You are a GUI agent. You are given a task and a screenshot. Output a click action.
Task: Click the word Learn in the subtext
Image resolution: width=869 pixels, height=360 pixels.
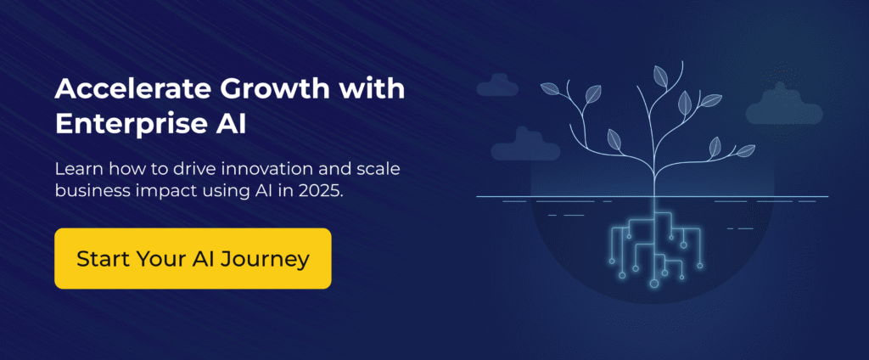pyautogui.click(x=76, y=168)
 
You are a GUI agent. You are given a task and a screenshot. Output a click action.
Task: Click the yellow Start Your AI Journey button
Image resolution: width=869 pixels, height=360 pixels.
pyautogui.click(x=192, y=258)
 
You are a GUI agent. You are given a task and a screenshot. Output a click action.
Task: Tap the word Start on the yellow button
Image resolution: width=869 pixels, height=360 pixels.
pyautogui.click(x=99, y=258)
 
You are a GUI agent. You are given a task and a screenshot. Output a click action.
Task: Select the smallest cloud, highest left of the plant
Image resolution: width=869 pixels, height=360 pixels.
pyautogui.click(x=498, y=85)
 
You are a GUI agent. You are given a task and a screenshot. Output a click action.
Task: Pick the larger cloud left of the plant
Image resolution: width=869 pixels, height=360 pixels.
pyautogui.click(x=525, y=146)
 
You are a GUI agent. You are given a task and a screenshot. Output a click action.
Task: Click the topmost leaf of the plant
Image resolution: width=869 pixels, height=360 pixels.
pyautogui.click(x=659, y=75)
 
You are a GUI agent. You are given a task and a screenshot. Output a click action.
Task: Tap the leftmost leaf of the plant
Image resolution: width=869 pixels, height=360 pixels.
pyautogui.click(x=549, y=89)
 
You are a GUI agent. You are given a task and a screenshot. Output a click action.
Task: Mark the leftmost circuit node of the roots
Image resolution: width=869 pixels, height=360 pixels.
pyautogui.click(x=621, y=274)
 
